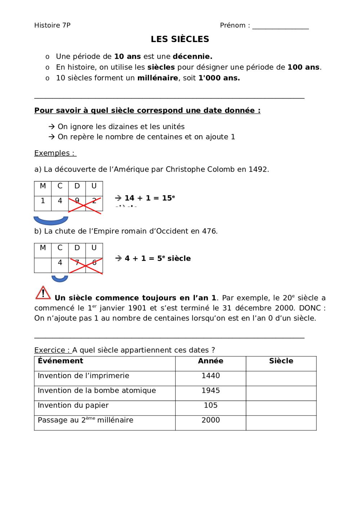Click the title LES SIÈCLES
click(180, 39)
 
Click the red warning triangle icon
click(43, 293)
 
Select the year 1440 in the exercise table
click(211, 376)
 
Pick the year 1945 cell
click(211, 391)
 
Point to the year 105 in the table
click(211, 405)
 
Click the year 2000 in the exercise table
click(211, 420)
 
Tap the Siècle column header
click(281, 361)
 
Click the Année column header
click(211, 361)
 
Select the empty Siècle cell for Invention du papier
click(281, 408)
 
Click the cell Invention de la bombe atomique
click(97, 391)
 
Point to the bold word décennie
click(192, 56)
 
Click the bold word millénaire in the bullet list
click(158, 78)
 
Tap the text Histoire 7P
click(52, 25)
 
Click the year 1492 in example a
click(258, 169)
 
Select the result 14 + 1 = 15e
click(149, 198)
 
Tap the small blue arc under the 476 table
click(60, 279)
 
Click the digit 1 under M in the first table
click(43, 201)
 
